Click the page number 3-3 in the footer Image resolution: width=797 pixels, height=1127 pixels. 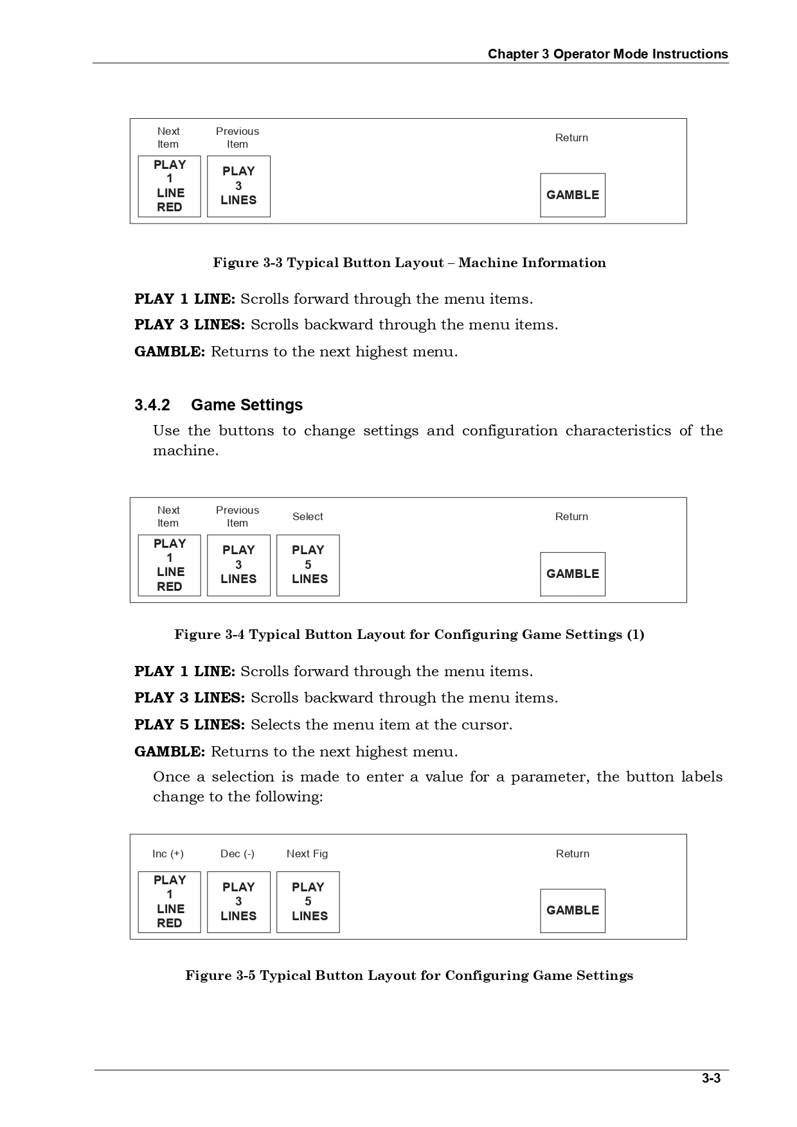pos(711,1078)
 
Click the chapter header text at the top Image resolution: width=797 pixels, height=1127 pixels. pos(607,54)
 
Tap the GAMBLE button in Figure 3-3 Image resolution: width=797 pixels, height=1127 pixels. pos(572,195)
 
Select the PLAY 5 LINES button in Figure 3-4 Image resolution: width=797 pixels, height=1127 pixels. pos(308,565)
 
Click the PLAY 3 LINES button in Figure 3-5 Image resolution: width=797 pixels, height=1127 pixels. pos(238,902)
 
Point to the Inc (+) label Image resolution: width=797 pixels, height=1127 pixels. pos(168,853)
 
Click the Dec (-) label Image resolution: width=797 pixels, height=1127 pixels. pos(237,853)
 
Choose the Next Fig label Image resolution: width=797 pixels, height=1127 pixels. pos(307,853)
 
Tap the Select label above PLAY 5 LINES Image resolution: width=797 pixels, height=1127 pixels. pos(307,516)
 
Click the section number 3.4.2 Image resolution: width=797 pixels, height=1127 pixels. pos(152,405)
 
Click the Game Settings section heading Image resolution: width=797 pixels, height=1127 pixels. pos(247,405)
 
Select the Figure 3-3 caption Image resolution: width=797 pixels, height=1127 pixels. pos(409,263)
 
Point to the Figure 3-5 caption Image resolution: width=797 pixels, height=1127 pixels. pos(409,975)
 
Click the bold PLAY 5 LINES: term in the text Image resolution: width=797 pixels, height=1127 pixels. pos(190,724)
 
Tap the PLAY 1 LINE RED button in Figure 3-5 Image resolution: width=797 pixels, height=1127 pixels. pos(169,902)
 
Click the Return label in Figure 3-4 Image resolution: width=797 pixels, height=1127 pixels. pos(571,516)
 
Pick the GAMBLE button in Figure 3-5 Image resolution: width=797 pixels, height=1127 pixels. pos(572,911)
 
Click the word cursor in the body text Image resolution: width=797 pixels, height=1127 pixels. pos(485,725)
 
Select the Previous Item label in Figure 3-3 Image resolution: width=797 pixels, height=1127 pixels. pos(237,137)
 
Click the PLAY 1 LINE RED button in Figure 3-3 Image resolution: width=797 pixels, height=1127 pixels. pos(169,186)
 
